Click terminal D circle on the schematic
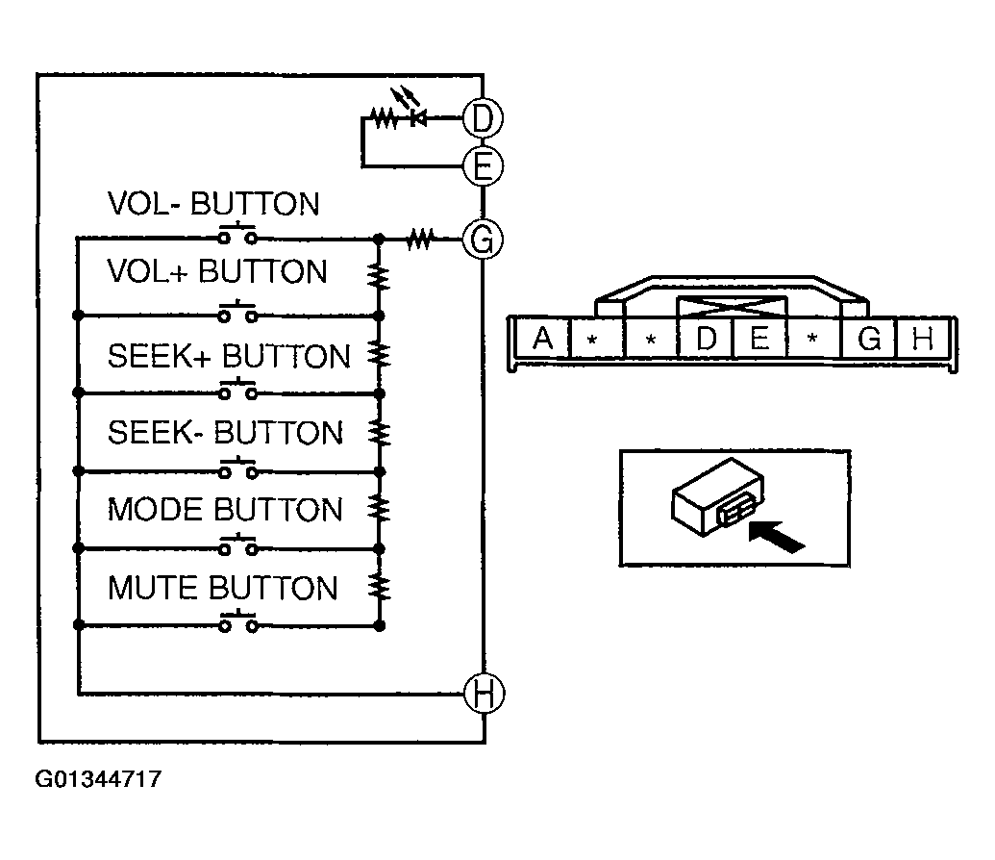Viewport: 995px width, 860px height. coord(483,118)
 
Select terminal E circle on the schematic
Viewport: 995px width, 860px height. coord(483,166)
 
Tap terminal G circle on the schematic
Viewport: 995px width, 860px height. coord(483,238)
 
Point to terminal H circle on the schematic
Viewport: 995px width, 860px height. coord(483,693)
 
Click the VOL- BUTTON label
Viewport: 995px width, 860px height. coord(212,204)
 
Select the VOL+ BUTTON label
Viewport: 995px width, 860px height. coord(217,272)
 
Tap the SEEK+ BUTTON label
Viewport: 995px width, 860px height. coord(229,357)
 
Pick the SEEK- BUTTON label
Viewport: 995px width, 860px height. coord(225,432)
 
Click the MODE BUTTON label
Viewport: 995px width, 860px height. coord(225,509)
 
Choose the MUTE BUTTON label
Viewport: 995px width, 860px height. coord(222,587)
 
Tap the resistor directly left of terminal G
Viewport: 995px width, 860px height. coord(420,238)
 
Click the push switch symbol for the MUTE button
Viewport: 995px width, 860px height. coord(237,624)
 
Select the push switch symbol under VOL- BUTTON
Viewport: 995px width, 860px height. coord(237,236)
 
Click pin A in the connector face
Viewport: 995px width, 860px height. coord(543,339)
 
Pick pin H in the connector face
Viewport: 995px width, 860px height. coord(923,339)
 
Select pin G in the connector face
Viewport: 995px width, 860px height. coord(869,339)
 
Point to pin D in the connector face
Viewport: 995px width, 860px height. coord(707,339)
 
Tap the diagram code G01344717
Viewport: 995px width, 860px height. coord(98,779)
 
